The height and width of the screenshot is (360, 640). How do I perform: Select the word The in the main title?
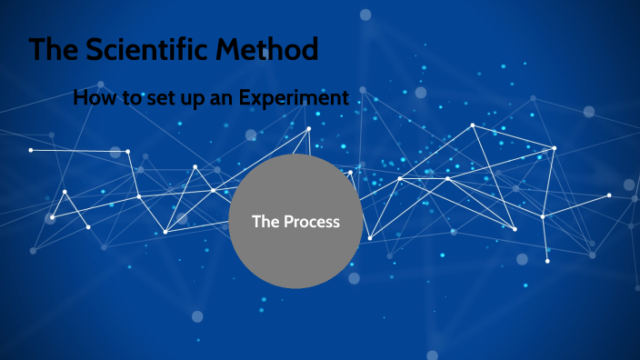click(51, 50)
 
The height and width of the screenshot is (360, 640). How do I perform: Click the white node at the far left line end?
click(31, 150)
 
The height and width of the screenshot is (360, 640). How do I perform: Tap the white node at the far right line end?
click(609, 195)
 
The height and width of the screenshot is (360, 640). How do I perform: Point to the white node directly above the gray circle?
click(309, 128)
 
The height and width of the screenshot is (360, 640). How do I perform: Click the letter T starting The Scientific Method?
click(37, 50)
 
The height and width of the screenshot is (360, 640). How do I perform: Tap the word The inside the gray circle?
click(265, 222)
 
